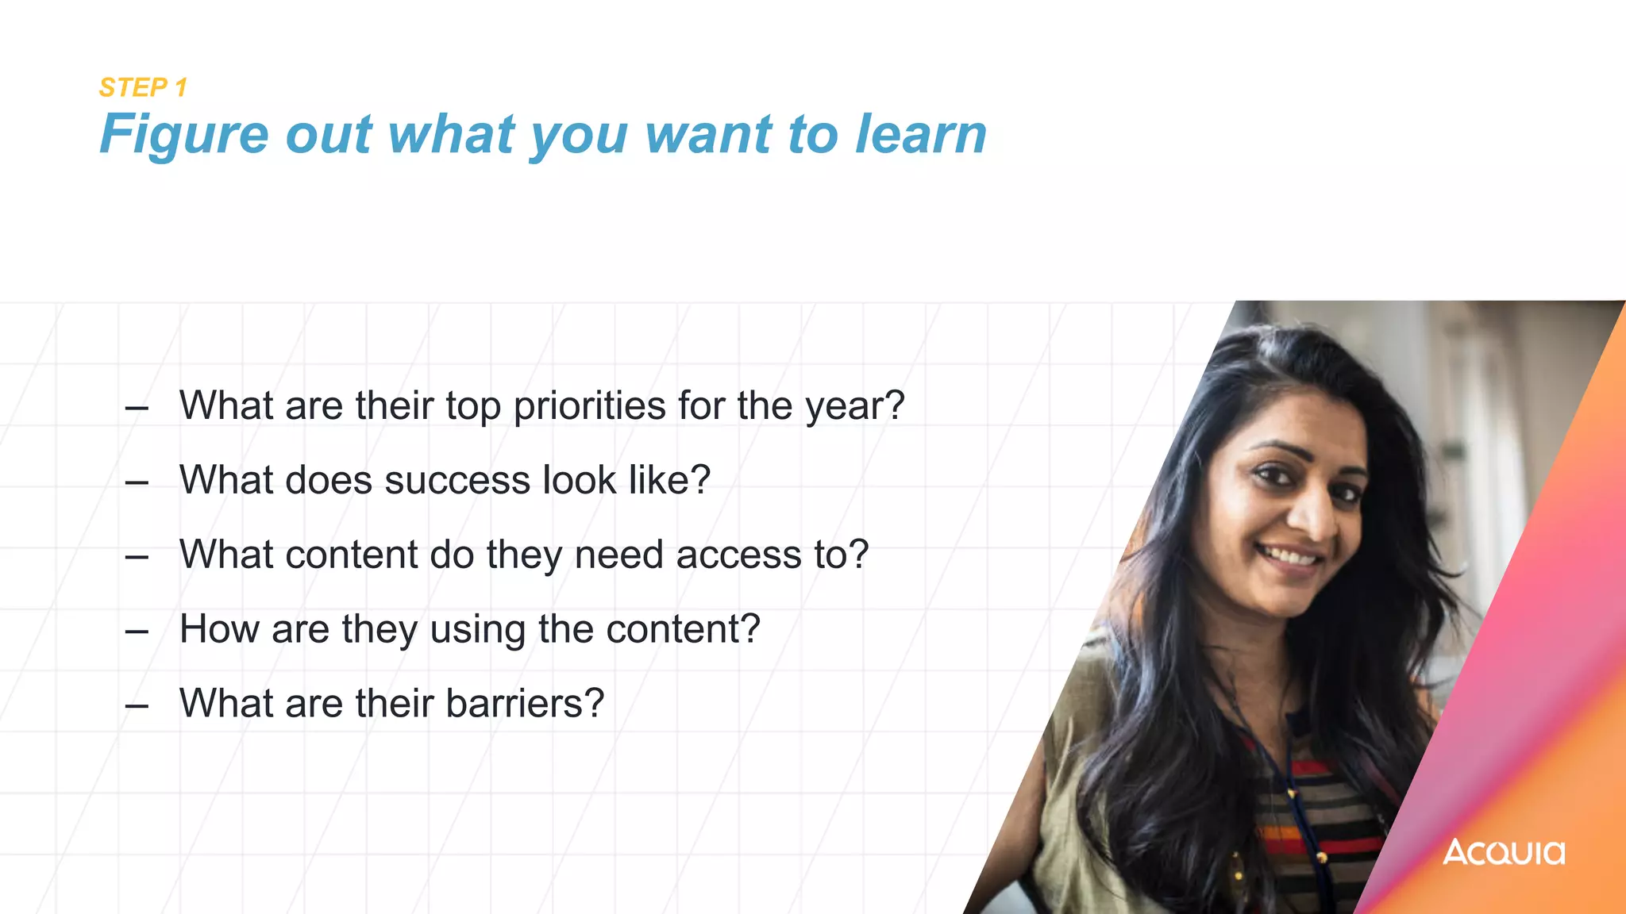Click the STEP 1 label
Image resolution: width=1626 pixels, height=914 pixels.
point(143,87)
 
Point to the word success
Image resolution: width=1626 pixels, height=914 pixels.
point(457,480)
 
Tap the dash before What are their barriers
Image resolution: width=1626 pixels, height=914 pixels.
point(137,705)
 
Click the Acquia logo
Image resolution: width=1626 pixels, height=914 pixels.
point(1504,852)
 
